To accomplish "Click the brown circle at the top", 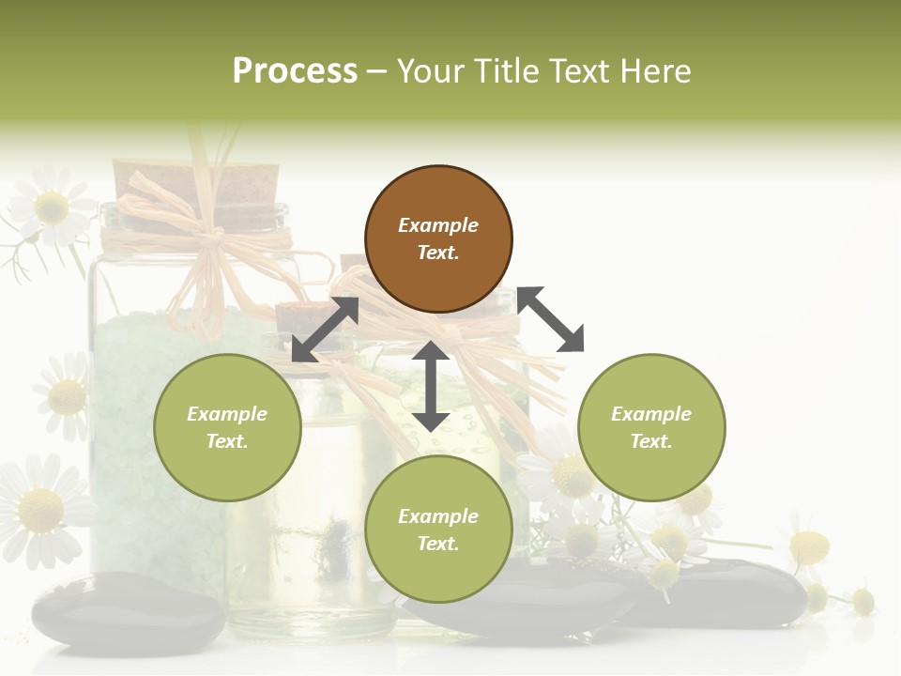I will click(x=438, y=239).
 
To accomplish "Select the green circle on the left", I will click(x=227, y=427).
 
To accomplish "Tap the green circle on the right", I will click(x=651, y=427).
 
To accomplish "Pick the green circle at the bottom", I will click(x=438, y=530).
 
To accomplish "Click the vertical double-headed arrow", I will click(x=431, y=386).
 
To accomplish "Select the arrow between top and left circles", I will click(x=325, y=330).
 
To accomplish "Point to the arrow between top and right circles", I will click(x=551, y=319).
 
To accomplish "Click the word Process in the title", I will click(x=295, y=71).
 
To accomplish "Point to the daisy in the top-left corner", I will click(x=52, y=207).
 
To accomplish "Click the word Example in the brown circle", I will click(x=438, y=225).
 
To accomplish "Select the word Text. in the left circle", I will click(x=227, y=441).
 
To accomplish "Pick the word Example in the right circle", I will click(x=651, y=414).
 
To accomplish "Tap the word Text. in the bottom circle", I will click(x=438, y=544).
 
